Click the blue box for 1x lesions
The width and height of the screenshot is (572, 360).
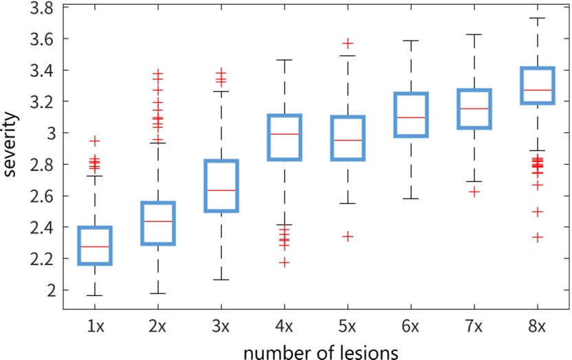tap(96, 245)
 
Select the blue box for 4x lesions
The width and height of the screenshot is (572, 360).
tap(285, 137)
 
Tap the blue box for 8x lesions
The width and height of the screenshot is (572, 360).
tap(537, 85)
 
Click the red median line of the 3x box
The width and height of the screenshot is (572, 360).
tap(221, 190)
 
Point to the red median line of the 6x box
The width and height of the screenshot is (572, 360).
tap(410, 117)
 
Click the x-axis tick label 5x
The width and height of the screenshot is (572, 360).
tap(348, 327)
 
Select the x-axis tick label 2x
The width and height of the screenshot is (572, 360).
tap(158, 327)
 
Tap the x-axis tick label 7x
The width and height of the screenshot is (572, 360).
tap(474, 327)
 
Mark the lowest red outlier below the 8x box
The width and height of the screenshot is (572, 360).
tap(537, 237)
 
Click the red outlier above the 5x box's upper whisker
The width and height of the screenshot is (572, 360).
tap(348, 43)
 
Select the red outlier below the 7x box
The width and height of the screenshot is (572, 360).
tap(474, 192)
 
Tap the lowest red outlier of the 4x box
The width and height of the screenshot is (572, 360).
tap(285, 262)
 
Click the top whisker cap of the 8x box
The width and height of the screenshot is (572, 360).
tap(537, 18)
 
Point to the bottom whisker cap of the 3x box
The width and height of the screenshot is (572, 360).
tap(221, 280)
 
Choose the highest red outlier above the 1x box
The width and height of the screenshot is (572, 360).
tap(96, 141)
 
